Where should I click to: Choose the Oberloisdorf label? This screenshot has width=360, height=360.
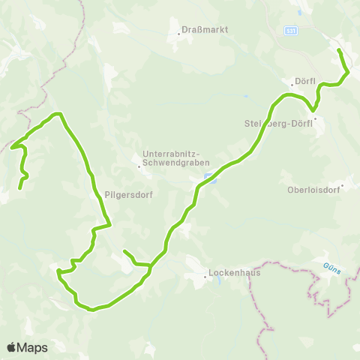coord(313,190)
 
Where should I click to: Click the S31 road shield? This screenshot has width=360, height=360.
coord(291,31)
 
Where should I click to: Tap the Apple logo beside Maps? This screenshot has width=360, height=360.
coord(12,347)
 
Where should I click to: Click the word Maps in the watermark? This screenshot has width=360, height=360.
coord(32,347)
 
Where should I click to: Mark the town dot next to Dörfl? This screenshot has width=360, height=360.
coord(292,84)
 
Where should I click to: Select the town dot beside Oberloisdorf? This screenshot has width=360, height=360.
coord(342,185)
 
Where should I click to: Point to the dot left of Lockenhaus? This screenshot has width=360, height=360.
coord(205,276)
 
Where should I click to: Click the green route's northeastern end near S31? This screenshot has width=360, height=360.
coord(339,50)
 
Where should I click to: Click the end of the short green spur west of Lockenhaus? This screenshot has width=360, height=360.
coord(124,251)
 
